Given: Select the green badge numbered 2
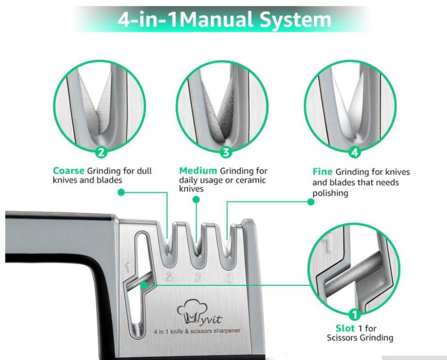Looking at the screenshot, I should click(101, 152).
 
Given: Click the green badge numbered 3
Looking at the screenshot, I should click(225, 152).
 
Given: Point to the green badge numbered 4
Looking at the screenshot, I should click(354, 152).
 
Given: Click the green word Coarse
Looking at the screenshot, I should click(69, 171).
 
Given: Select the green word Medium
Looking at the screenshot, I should click(198, 171).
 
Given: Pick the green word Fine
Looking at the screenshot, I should click(322, 172).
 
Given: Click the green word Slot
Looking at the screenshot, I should click(346, 328).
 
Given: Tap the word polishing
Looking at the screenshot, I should click(330, 193).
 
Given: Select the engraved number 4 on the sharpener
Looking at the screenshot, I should click(228, 279).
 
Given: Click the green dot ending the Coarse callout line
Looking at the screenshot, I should click(121, 192).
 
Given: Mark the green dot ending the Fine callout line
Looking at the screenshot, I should click(311, 202).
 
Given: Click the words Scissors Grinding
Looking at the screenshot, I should click(360, 338).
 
